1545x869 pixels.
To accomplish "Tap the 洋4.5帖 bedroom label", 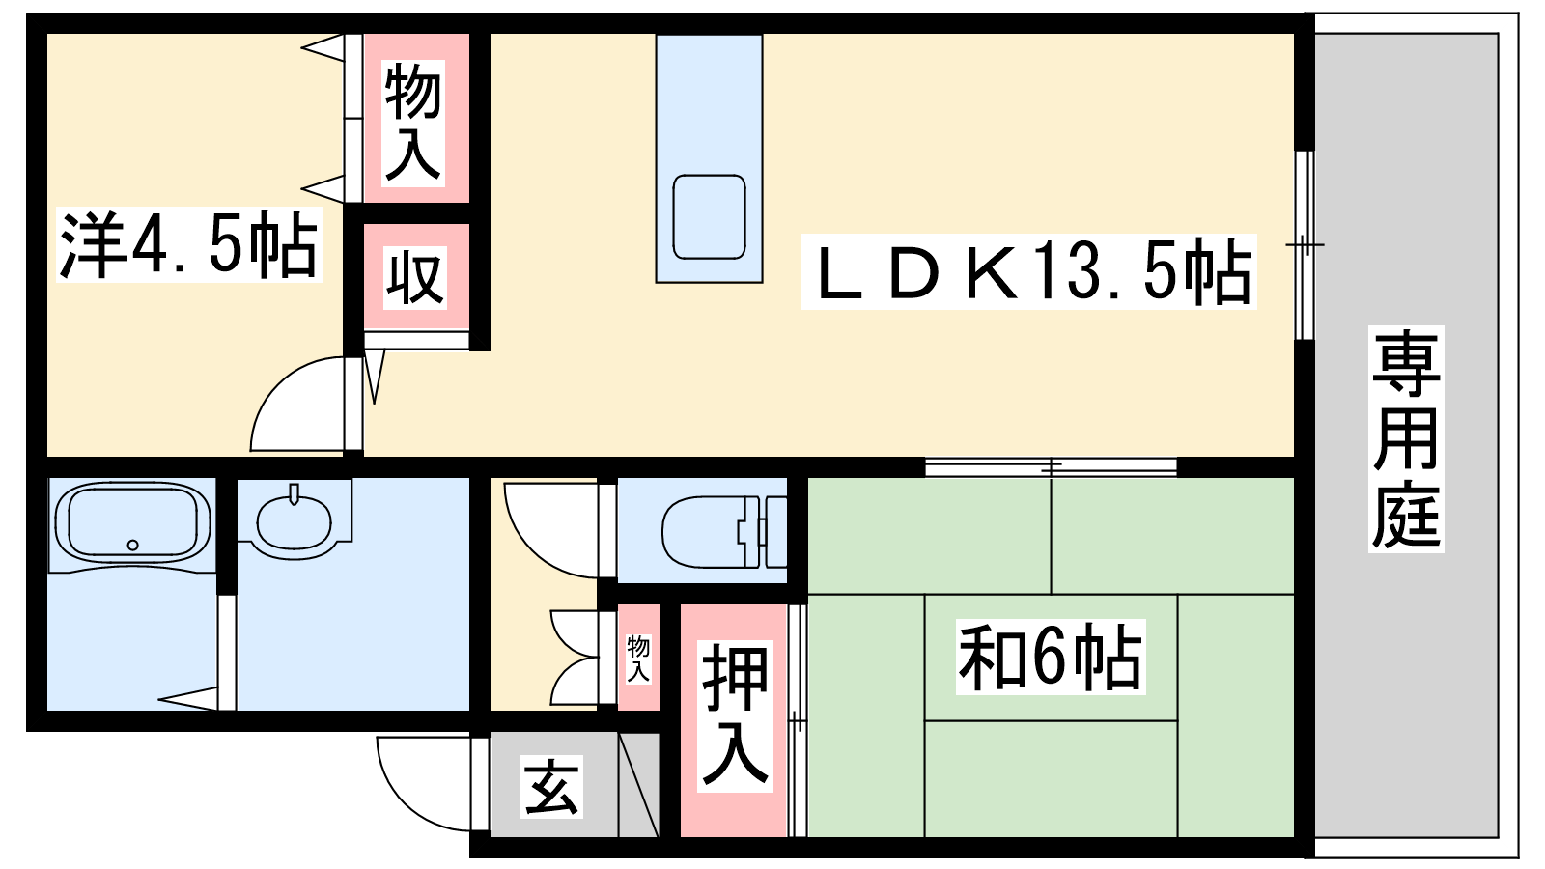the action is [x=189, y=244].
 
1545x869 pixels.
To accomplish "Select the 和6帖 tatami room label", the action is [x=1051, y=658].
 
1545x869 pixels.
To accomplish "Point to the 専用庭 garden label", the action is [x=1406, y=439].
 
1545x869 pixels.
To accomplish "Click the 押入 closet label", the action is [x=735, y=715].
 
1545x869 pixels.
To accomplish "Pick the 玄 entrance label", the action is [x=550, y=787].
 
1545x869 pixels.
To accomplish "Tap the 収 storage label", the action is [x=414, y=277].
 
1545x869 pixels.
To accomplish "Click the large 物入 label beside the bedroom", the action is [x=412, y=123].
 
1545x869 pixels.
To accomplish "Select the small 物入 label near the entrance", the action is [x=638, y=659].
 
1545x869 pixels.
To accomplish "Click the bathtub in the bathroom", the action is [x=132, y=522].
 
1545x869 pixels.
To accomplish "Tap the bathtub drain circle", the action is [x=133, y=545].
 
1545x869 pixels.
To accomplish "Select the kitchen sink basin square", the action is [x=709, y=216].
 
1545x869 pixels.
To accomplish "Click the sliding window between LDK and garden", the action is [x=1305, y=245].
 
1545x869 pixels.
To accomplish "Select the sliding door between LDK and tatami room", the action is [x=1051, y=467].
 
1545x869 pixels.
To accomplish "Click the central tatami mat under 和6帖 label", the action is [x=1051, y=658].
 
